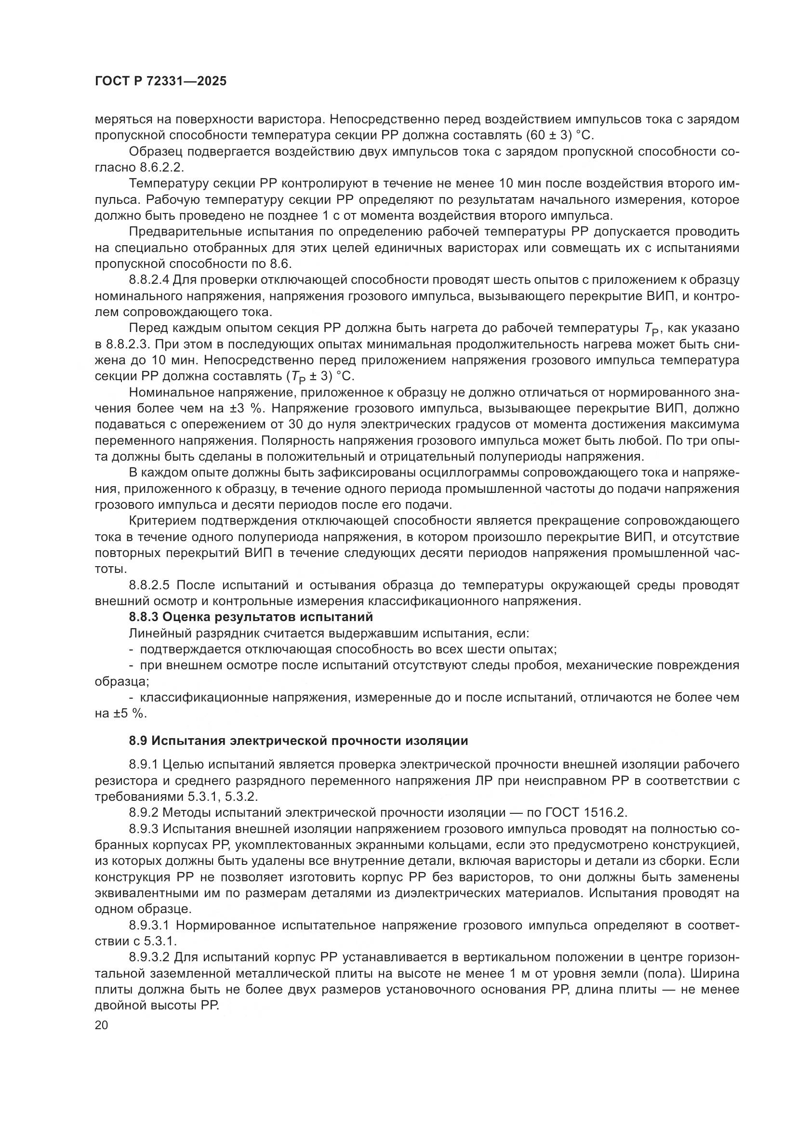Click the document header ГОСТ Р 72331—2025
[160, 81]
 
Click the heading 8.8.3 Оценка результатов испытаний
[251, 617]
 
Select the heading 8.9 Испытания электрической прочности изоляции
[298, 741]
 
